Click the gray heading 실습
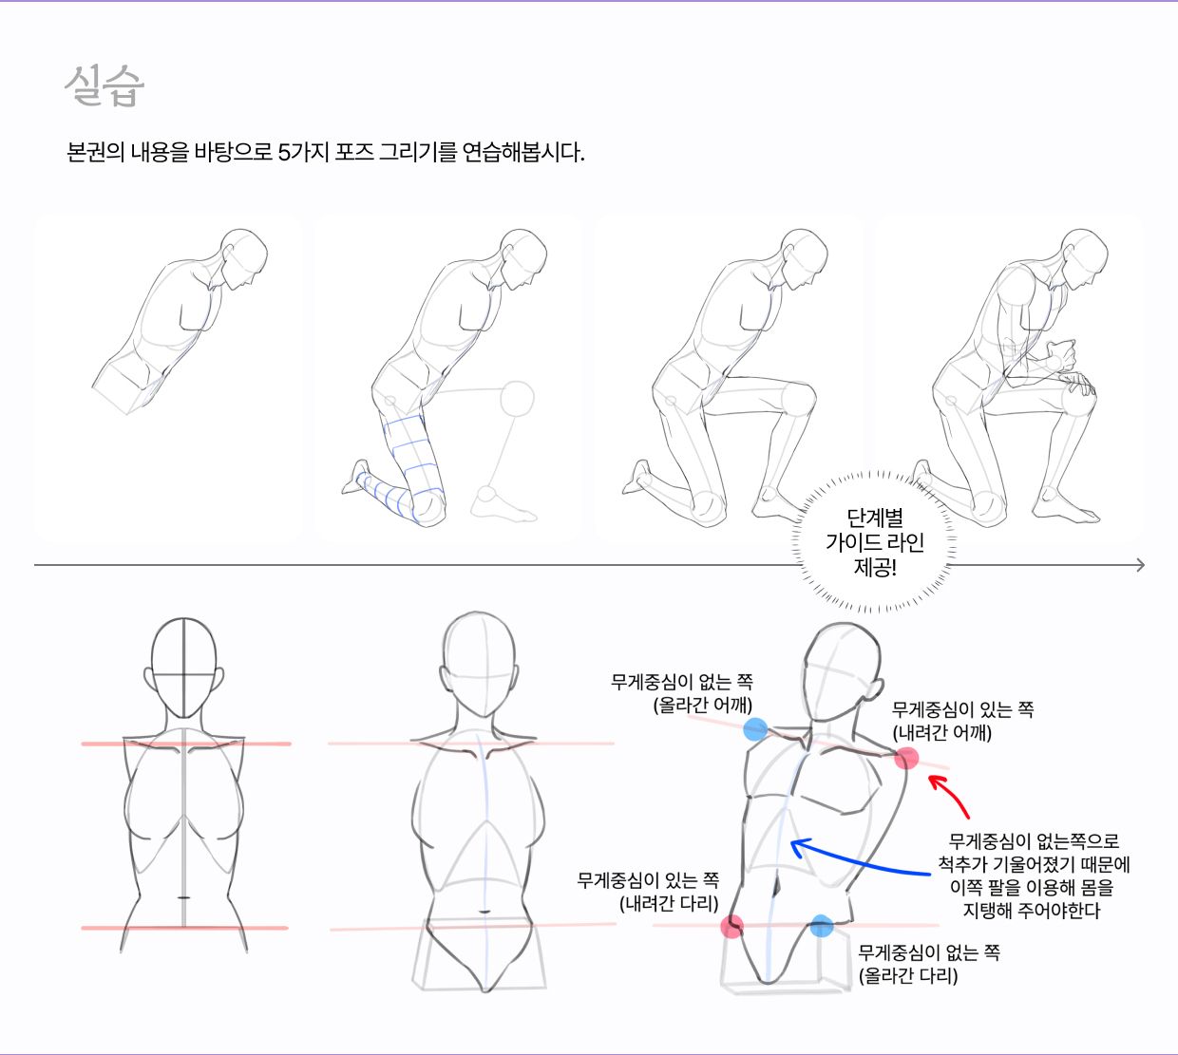pos(104,85)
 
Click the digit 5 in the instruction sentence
pos(284,153)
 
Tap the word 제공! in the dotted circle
pos(875,567)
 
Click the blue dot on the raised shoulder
pos(755,729)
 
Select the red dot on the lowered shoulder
pos(906,759)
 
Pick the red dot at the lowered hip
pos(732,927)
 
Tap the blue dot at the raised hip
pos(821,925)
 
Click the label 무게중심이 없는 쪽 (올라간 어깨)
pos(681,693)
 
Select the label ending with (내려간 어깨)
pos(963,722)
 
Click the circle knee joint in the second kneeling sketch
pos(517,398)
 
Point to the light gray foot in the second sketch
pos(503,504)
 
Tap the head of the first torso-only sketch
pos(243,258)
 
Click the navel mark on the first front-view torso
pos(183,898)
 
